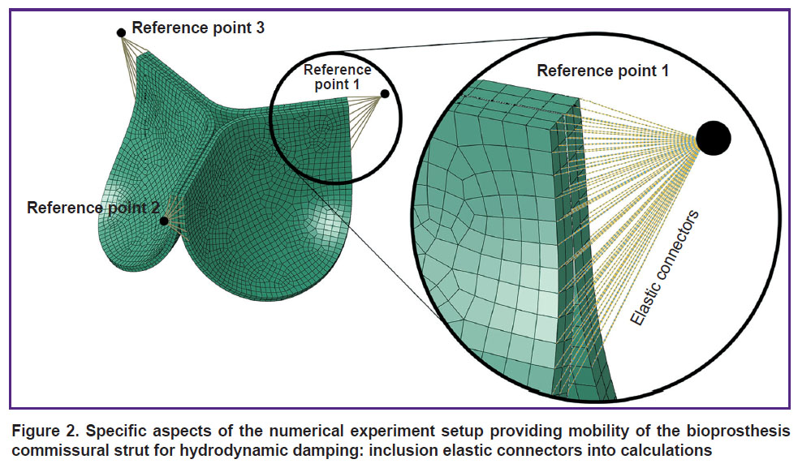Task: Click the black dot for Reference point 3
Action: pyautogui.click(x=121, y=33)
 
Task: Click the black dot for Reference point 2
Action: pyautogui.click(x=164, y=221)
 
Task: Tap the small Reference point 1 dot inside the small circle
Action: pyautogui.click(x=385, y=93)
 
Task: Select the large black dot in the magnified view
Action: pyautogui.click(x=714, y=138)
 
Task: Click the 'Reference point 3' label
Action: pyautogui.click(x=198, y=28)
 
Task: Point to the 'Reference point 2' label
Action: pyautogui.click(x=93, y=208)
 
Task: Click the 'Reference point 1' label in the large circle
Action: pyautogui.click(x=602, y=71)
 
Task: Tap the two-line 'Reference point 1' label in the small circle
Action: pyautogui.click(x=337, y=77)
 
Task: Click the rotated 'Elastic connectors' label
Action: pyautogui.click(x=665, y=268)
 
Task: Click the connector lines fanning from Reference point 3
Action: pyautogui.click(x=134, y=60)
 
